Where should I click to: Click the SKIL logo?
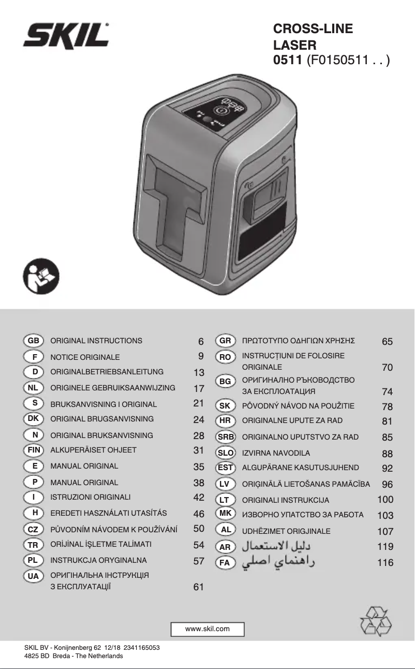(66, 36)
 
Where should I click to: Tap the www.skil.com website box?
(207, 629)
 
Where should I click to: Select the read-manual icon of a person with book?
(41, 277)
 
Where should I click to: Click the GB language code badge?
(34, 341)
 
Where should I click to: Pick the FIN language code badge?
(34, 450)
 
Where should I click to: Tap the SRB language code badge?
(226, 437)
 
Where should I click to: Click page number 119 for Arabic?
(385, 547)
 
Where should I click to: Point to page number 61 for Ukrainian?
(199, 587)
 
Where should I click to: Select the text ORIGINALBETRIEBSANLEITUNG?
(107, 372)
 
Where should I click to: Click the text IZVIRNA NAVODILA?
(276, 453)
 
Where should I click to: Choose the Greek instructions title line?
(298, 341)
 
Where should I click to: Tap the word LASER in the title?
(294, 45)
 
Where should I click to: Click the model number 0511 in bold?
(288, 60)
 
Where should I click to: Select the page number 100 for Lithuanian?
(385, 499)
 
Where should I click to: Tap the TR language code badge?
(34, 545)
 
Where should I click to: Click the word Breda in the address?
(62, 656)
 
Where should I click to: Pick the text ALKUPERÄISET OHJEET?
(94, 450)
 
